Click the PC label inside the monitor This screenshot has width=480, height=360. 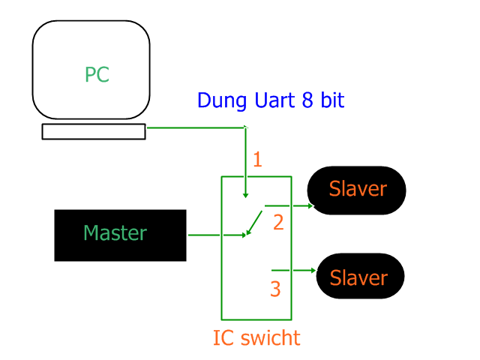click(x=97, y=74)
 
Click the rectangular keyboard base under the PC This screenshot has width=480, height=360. click(x=94, y=132)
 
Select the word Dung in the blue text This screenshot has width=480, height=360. click(x=222, y=100)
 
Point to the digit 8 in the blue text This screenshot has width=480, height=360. click(x=307, y=100)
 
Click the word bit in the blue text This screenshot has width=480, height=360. click(x=332, y=100)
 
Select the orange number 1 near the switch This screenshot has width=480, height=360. click(x=258, y=160)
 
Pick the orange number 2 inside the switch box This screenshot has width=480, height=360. click(x=278, y=223)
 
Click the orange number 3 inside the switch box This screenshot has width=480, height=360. click(x=275, y=289)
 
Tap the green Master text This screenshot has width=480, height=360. click(x=115, y=233)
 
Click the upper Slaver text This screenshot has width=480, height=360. click(x=358, y=189)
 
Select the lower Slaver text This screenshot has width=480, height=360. click(x=358, y=278)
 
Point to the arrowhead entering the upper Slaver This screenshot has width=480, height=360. click(x=310, y=206)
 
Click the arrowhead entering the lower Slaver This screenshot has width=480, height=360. click(x=313, y=270)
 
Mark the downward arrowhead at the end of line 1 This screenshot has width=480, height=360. click(x=245, y=195)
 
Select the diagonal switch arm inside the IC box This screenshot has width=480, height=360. click(x=254, y=223)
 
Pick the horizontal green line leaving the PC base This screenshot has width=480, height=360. click(x=196, y=127)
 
